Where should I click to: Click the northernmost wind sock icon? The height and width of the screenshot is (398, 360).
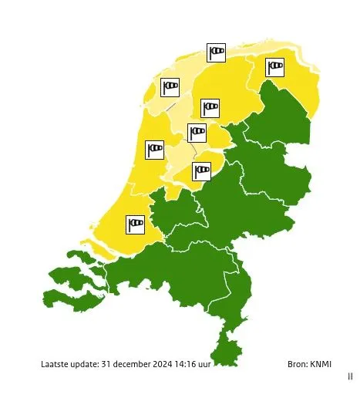217,52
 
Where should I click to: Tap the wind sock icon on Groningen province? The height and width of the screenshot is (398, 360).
275,67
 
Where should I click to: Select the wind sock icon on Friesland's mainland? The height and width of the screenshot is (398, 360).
210,107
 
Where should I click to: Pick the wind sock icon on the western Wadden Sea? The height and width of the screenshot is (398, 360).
170,87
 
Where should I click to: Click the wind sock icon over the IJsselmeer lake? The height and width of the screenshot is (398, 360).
197,133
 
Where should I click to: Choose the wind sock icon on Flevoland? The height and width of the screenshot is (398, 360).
202,170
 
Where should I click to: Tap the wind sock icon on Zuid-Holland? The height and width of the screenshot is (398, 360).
136,224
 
